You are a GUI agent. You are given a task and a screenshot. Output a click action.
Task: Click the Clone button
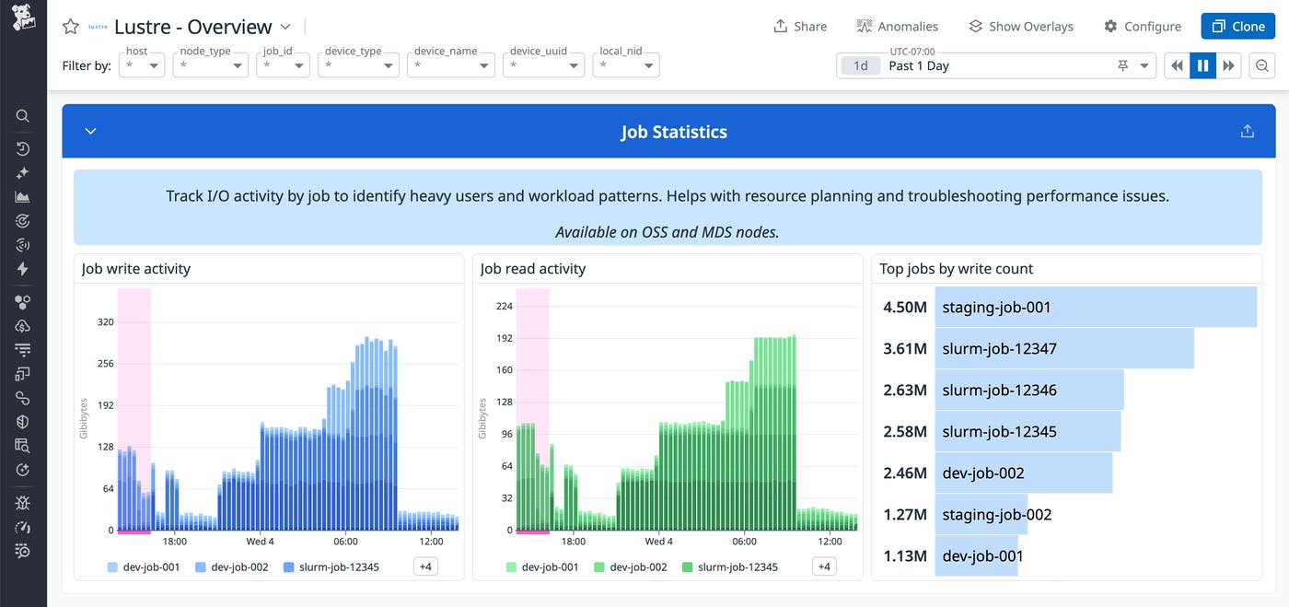1237,27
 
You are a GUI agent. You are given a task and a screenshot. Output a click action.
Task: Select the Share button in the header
800,27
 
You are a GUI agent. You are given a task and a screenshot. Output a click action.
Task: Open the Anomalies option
897,27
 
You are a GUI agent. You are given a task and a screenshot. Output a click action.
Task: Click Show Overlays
1020,27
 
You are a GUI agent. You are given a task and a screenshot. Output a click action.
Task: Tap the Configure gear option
1142,27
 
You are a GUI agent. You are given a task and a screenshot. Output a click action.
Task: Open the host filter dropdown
142,65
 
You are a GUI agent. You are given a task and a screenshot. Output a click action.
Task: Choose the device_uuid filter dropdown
543,65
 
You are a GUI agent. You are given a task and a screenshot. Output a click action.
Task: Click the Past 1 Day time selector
995,65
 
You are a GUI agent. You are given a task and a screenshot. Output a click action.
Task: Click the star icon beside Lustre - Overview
70,27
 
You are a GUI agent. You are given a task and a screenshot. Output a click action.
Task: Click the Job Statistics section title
673,132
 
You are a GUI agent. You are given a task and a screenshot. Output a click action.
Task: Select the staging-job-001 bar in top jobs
1096,308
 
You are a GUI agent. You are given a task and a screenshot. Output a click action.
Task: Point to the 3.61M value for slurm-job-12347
904,349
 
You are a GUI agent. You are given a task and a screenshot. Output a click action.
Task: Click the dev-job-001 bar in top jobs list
976,555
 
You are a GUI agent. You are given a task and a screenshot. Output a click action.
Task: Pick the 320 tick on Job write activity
105,322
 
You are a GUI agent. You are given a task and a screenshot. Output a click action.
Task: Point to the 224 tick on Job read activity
504,307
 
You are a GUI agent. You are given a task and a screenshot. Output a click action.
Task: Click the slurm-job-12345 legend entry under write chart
331,567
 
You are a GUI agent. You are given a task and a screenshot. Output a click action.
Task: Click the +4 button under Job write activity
425,567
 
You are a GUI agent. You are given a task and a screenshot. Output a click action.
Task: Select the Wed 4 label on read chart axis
658,542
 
